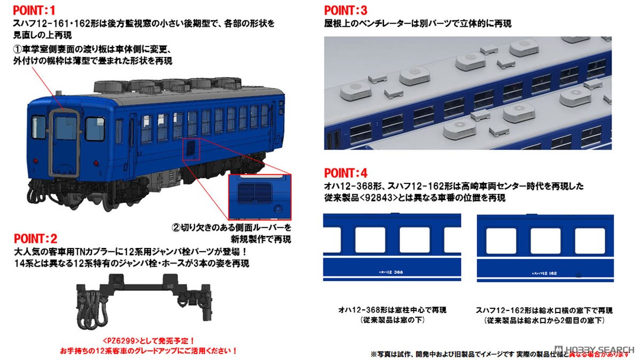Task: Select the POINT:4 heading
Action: tap(346, 173)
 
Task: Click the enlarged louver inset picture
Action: tap(259, 197)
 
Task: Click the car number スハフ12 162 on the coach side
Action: tap(542, 273)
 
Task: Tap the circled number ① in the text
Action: tap(17, 50)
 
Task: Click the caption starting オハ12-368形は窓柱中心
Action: tap(391, 310)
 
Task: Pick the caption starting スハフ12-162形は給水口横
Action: tap(543, 310)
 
